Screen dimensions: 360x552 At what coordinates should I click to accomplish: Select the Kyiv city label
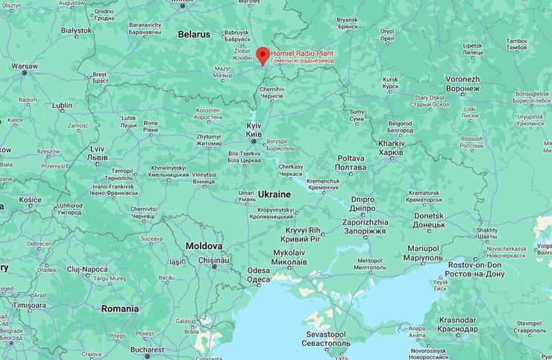pyautogui.click(x=254, y=129)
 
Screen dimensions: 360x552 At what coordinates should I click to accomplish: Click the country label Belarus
pyautogui.click(x=195, y=34)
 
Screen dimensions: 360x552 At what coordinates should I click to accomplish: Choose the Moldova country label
pyautogui.click(x=204, y=245)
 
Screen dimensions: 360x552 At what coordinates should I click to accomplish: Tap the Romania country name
pyautogui.click(x=120, y=308)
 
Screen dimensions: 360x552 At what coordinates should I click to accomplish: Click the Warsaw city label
pyautogui.click(x=25, y=66)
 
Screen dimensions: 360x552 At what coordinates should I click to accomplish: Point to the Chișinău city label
pyautogui.click(x=215, y=260)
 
